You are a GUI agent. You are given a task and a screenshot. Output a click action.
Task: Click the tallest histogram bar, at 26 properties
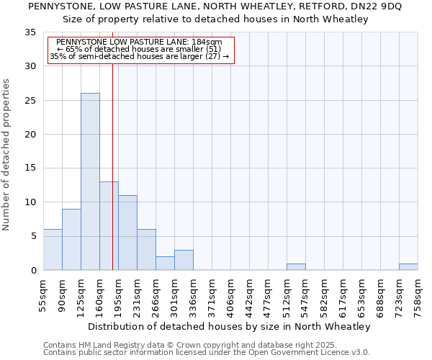click(x=90, y=181)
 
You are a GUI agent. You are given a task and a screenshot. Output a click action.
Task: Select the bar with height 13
click(x=109, y=225)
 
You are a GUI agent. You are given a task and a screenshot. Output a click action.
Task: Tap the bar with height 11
click(x=127, y=233)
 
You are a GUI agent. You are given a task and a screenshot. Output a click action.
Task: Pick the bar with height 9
click(x=71, y=239)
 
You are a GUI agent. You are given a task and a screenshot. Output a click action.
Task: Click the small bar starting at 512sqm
click(x=296, y=266)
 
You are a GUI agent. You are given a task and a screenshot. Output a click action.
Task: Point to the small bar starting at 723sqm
click(x=408, y=266)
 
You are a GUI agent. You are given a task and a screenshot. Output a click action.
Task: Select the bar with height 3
click(x=184, y=260)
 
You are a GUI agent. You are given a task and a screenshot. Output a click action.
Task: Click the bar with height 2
click(x=165, y=263)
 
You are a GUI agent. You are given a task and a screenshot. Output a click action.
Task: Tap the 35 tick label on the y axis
click(x=30, y=32)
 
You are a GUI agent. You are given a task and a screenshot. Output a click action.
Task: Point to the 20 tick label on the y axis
click(x=30, y=134)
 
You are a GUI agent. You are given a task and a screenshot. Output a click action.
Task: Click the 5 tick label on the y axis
click(x=33, y=236)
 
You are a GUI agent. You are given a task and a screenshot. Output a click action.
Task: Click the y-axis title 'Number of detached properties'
click(x=7, y=155)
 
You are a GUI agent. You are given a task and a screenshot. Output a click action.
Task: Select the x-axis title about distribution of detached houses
click(x=230, y=326)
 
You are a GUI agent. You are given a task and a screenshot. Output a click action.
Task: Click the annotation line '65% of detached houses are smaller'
click(x=141, y=49)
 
